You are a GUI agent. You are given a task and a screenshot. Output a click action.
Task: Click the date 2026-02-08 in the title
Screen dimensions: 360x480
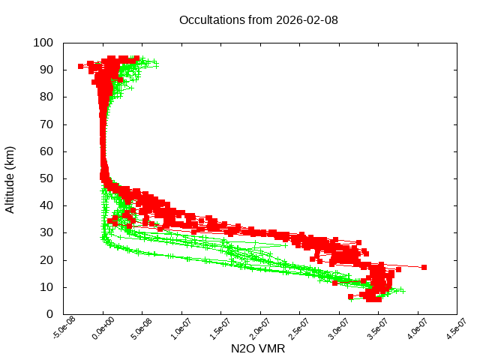(x=308, y=19)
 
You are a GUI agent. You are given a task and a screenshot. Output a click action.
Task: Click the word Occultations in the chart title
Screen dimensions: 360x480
(x=212, y=19)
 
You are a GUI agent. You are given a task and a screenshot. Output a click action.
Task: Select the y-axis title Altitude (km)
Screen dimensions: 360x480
(x=10, y=178)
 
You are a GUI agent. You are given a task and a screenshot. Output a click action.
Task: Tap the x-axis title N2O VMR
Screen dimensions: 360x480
(x=258, y=349)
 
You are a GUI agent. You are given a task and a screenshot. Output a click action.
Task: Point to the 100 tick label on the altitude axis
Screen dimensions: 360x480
(x=43, y=43)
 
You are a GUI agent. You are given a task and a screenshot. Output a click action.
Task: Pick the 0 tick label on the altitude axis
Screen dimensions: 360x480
(x=49, y=314)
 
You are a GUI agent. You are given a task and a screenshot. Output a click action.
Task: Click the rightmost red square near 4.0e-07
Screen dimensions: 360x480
(x=424, y=267)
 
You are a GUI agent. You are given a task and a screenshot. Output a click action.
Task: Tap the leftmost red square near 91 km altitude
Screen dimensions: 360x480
(x=80, y=67)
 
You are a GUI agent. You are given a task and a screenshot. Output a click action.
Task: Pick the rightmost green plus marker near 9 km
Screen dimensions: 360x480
(x=403, y=290)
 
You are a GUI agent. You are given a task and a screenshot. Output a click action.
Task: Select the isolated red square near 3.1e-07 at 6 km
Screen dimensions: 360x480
(x=350, y=298)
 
